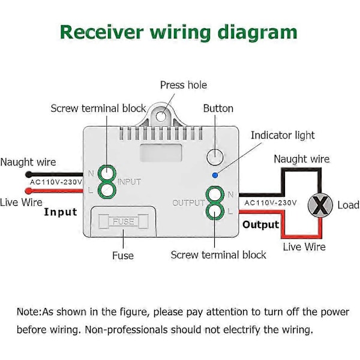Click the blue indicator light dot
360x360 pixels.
point(215,175)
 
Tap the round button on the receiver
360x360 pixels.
point(214,158)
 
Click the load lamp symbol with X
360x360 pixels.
point(322,205)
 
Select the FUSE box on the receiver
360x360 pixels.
point(124,221)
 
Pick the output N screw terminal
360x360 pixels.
point(215,194)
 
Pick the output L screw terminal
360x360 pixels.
point(215,211)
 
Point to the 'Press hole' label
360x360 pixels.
point(183,85)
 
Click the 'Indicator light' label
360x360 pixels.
point(282,136)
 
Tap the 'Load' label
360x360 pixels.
point(348,205)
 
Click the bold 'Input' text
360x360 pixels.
point(61,212)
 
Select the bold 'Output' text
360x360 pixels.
point(261,224)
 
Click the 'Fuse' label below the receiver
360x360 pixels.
point(123,256)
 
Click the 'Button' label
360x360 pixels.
point(218,109)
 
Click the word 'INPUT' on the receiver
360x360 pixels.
point(129,182)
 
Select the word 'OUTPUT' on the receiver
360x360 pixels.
point(189,203)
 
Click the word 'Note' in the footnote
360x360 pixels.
point(28,312)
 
